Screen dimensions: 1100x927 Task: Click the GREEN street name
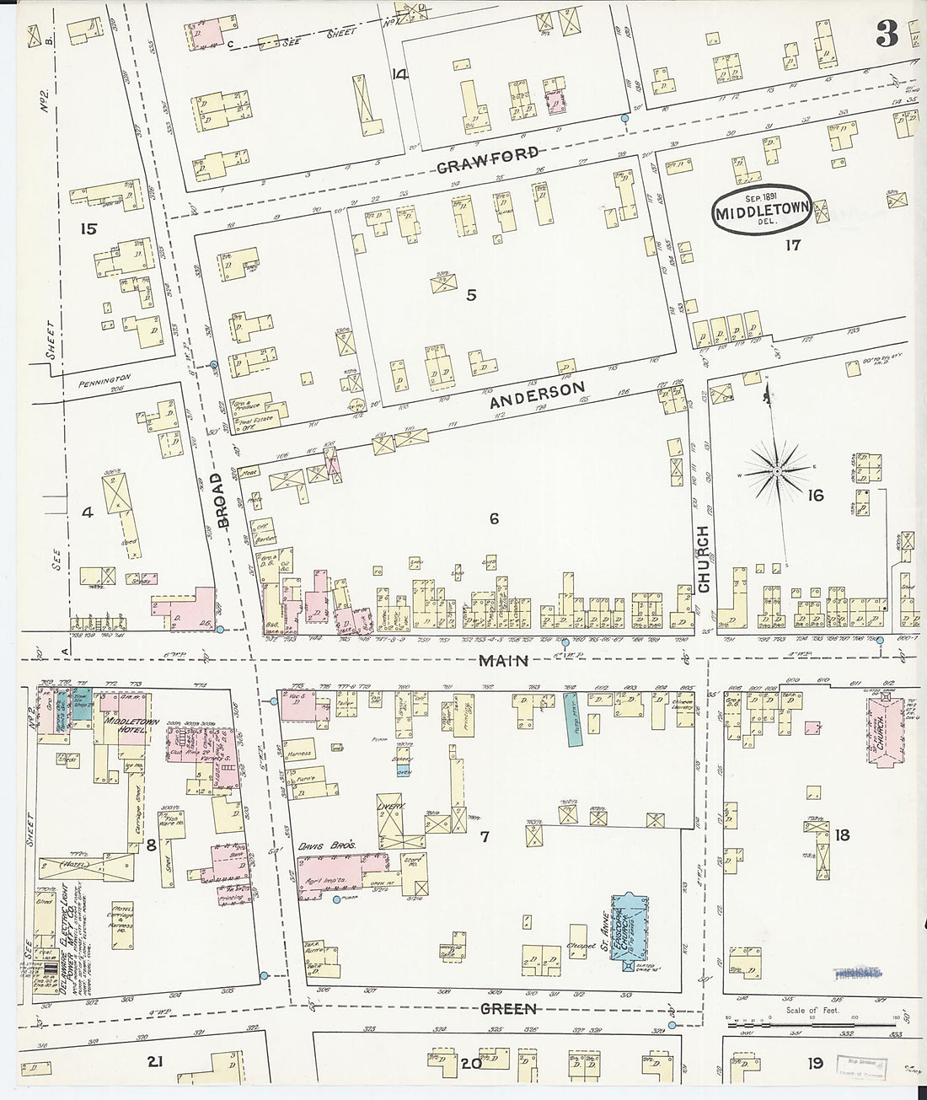(508, 1008)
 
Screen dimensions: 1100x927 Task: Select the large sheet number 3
(886, 34)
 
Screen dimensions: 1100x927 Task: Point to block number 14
(399, 74)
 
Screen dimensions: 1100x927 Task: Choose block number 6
(494, 519)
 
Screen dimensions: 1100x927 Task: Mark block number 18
(842, 835)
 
